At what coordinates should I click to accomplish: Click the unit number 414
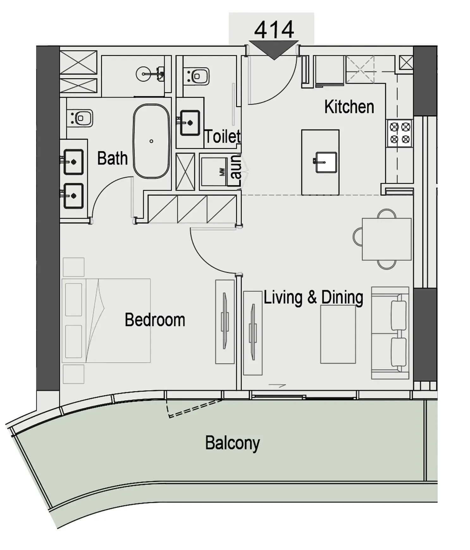point(274,30)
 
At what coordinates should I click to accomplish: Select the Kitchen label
point(349,107)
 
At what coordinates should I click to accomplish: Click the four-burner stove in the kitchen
point(399,133)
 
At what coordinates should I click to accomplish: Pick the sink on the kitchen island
point(326,162)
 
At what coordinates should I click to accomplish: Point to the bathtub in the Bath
point(151,141)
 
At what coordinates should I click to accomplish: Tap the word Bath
point(112,158)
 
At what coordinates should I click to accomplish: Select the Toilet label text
point(222,137)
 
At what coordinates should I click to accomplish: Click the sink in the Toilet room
point(190,123)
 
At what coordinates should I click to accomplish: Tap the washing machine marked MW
point(214,172)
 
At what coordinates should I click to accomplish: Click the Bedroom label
point(155,320)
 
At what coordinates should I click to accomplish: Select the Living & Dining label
point(313,297)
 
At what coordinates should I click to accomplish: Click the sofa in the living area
point(390,333)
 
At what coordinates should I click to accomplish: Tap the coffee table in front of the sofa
point(338,334)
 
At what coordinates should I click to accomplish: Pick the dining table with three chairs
point(387,239)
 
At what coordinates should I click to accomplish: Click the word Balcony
point(232,443)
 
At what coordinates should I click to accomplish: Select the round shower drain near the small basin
point(143,74)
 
